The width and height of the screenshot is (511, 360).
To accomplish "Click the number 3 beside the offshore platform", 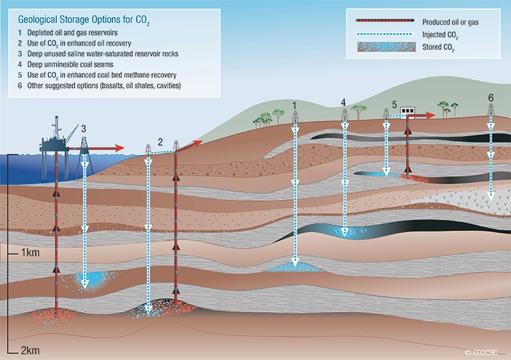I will pos(83,128).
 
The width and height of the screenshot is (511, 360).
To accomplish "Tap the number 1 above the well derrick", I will pos(294,104).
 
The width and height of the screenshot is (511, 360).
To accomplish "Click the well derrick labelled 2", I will pos(148,149).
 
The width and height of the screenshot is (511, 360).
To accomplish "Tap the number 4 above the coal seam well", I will pos(344,102).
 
